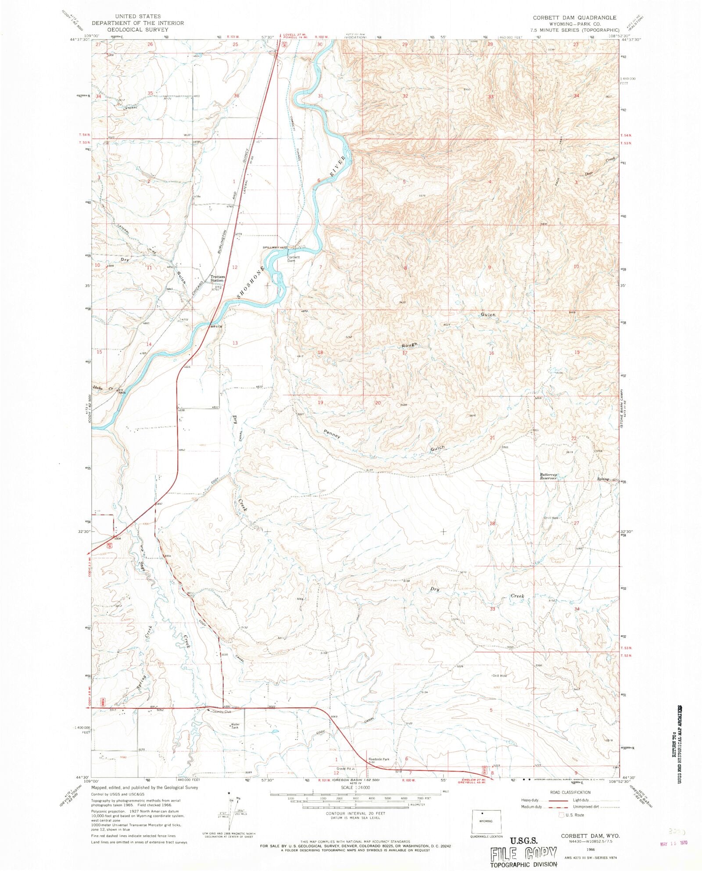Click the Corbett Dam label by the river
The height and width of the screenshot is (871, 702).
click(x=294, y=259)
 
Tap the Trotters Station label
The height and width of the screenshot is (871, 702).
click(x=218, y=278)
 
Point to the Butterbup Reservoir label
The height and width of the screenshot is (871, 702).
click(x=548, y=476)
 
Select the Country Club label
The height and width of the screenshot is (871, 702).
click(x=221, y=711)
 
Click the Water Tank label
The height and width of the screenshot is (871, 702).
click(x=236, y=726)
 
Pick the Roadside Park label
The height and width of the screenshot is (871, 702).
click(x=379, y=759)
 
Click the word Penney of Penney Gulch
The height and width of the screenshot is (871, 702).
click(x=332, y=434)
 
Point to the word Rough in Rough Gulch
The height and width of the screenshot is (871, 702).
click(x=409, y=345)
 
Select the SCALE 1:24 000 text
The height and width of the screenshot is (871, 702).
click(x=355, y=787)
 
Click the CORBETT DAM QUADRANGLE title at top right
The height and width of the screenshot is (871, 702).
click(x=574, y=18)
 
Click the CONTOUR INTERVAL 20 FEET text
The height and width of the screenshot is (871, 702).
click(x=356, y=813)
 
